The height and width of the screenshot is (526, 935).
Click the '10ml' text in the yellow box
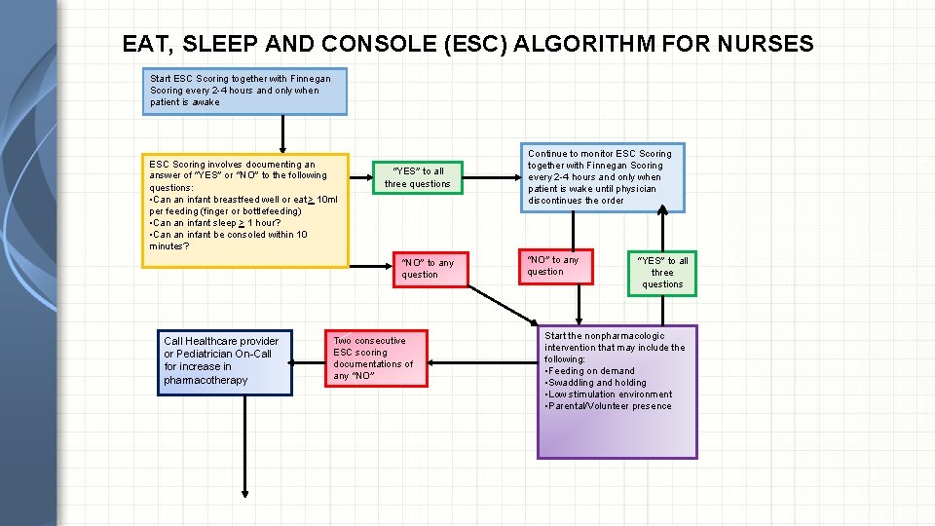point(320,200)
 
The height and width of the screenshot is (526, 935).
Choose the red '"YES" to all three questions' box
point(417,177)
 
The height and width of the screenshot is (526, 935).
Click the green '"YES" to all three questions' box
point(662,272)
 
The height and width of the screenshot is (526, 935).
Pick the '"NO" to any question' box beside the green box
point(554,266)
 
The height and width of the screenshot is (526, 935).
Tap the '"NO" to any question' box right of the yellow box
point(428,269)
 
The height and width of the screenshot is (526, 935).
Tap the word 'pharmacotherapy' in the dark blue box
point(206,380)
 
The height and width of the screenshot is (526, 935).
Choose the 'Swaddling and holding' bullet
point(597,383)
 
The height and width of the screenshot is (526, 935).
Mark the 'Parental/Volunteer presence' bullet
point(610,406)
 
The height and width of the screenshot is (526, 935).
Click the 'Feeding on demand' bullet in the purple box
point(591,371)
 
